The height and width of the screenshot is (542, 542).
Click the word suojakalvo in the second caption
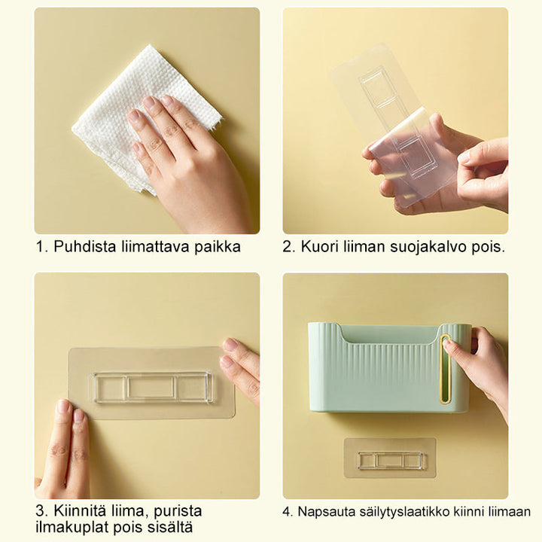coord(429,248)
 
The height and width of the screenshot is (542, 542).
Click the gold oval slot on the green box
coord(445,368)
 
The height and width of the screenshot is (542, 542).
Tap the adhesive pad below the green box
coord(390,458)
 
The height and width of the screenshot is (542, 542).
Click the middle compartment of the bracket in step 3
coord(151,388)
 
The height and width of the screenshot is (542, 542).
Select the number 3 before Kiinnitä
coord(40,511)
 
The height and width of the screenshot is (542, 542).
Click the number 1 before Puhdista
coord(40,247)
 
